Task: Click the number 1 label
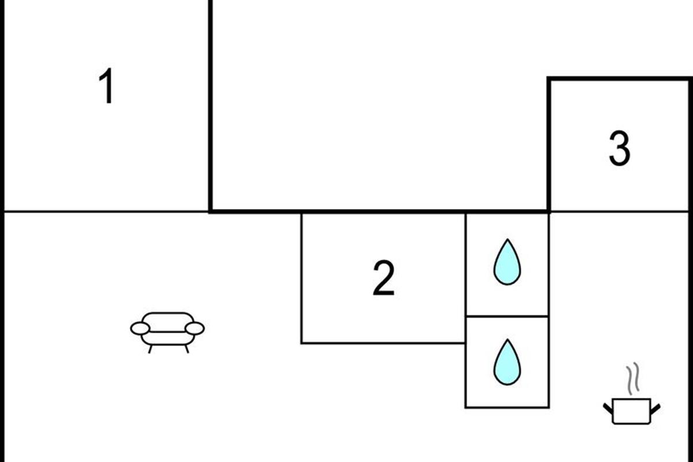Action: [107, 87]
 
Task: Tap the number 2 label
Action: [383, 278]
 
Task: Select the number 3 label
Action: [620, 149]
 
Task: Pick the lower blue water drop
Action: [507, 363]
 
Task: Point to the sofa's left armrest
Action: [140, 329]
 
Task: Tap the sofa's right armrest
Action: [195, 329]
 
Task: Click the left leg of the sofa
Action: [151, 348]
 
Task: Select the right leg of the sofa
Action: [186, 348]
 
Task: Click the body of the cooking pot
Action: [631, 412]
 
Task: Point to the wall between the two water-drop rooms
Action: [507, 316]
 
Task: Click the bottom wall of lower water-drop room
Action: [507, 407]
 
